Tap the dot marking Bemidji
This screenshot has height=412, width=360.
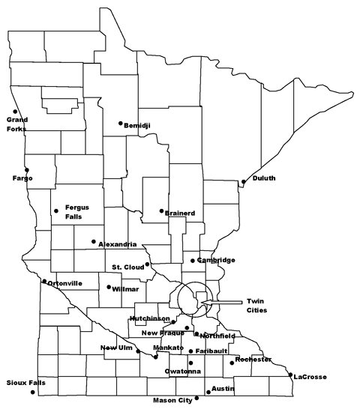point(121,124)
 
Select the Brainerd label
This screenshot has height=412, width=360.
point(180,213)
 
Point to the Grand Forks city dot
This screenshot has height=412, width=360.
point(15,112)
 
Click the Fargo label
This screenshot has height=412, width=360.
point(22,178)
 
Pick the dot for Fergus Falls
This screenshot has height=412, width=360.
point(55,210)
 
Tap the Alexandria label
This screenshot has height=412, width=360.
point(117,244)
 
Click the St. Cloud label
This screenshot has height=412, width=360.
point(127,267)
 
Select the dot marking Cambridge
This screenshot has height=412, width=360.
point(193,261)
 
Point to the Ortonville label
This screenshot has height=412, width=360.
point(64,283)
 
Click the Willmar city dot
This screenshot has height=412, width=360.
point(109,287)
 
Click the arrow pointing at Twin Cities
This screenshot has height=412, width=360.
point(222,302)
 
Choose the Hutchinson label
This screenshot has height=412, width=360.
point(149,318)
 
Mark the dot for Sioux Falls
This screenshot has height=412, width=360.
point(32,393)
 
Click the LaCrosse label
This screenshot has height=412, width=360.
point(310,376)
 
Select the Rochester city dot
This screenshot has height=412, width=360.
point(232,363)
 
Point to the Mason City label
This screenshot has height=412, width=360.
point(172,400)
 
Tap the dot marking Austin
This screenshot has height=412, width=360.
point(206,389)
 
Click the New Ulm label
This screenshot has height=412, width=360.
point(117,348)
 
